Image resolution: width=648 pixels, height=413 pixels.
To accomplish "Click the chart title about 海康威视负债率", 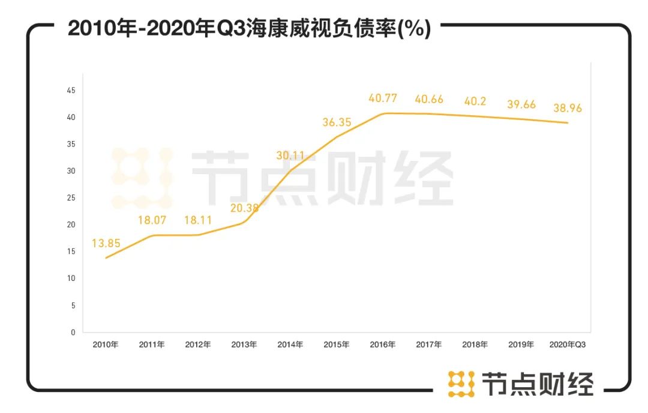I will [x=249, y=28].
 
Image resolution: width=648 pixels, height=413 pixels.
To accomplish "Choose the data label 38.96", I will [x=566, y=108].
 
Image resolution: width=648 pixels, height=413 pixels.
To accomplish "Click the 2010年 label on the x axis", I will [x=106, y=345].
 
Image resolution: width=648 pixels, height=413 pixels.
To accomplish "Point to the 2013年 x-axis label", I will [x=244, y=345].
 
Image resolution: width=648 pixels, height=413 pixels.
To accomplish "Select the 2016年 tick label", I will [x=382, y=345].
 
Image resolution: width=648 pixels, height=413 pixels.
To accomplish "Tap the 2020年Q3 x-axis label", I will [x=567, y=345].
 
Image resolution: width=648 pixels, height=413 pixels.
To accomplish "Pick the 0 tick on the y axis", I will [x=73, y=332].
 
